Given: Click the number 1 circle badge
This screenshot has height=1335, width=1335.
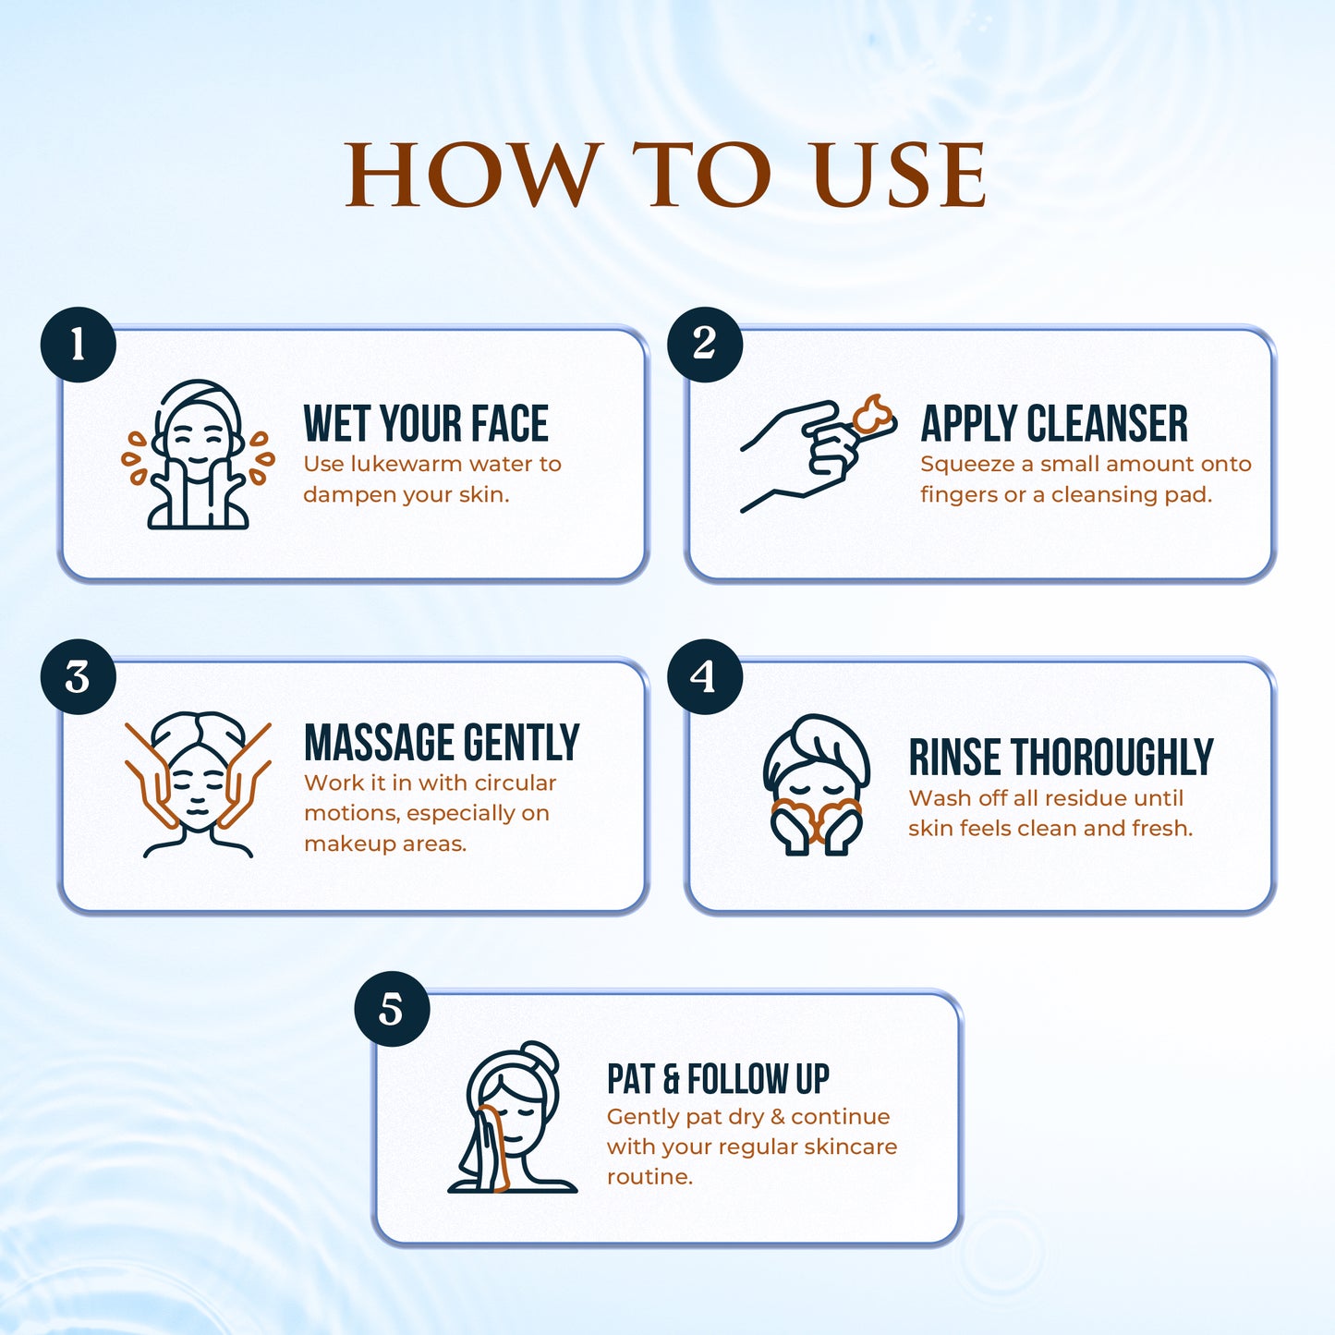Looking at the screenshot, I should (79, 345).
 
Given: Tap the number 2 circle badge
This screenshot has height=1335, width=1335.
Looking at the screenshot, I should (705, 345).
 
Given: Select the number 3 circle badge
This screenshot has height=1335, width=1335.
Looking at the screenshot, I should (79, 677).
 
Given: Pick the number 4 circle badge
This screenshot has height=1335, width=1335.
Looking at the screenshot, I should (705, 677).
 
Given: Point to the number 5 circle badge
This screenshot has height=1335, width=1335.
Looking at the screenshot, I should (392, 1009).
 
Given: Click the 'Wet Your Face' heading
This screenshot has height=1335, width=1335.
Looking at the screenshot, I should (426, 424).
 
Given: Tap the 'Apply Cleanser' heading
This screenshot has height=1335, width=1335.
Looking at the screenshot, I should (1054, 424).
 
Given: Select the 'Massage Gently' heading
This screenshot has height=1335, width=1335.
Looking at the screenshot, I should (442, 743).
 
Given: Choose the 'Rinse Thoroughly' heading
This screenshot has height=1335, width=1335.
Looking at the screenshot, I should (1061, 758).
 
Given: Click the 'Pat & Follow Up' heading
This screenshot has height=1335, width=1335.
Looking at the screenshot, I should (718, 1078).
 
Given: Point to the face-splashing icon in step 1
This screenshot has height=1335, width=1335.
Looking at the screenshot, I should (198, 455).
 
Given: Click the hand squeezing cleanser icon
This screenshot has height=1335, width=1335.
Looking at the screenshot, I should (818, 454).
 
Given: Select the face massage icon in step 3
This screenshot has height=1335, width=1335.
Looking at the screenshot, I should (198, 784).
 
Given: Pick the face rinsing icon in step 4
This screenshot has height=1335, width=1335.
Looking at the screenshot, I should (816, 785).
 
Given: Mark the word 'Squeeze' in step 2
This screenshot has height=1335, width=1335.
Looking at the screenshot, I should (966, 465).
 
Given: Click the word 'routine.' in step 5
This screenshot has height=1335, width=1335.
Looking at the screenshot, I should (649, 1177).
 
